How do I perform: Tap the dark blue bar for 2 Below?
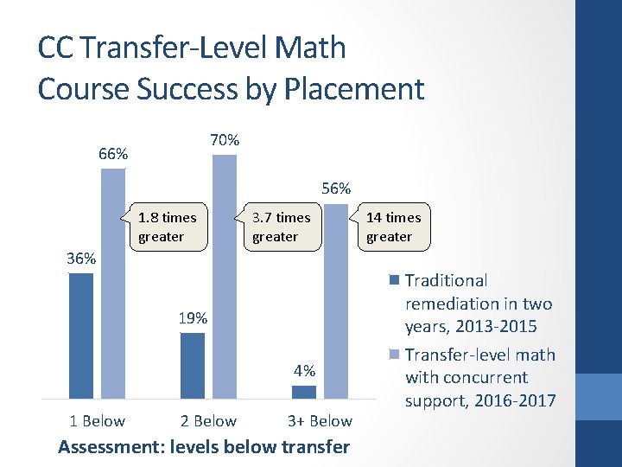pyautogui.click(x=193, y=365)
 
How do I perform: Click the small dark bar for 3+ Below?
pyautogui.click(x=304, y=392)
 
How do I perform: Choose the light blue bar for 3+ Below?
pyautogui.click(x=336, y=303)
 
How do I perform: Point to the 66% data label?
pyautogui.click(x=113, y=155)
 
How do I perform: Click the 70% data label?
pyautogui.click(x=225, y=140)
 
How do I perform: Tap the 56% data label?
pyautogui.click(x=336, y=189)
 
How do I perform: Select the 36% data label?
pyautogui.click(x=82, y=259)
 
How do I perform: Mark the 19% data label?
pyautogui.click(x=193, y=318)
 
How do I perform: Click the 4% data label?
pyautogui.click(x=304, y=371)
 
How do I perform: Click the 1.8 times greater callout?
pyautogui.click(x=168, y=227)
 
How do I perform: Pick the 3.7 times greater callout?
pyautogui.click(x=281, y=227)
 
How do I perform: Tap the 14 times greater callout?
pyautogui.click(x=394, y=227)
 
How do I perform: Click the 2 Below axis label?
pyautogui.click(x=208, y=421)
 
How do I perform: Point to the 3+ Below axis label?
pyautogui.click(x=320, y=421)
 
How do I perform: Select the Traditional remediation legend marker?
pyautogui.click(x=395, y=280)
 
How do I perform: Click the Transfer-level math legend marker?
pyautogui.click(x=395, y=355)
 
